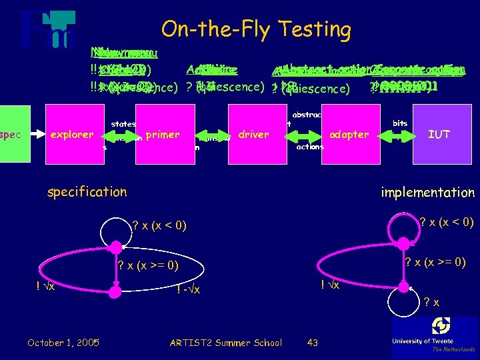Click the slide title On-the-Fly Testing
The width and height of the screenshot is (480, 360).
click(x=256, y=29)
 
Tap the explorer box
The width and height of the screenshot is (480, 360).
click(x=73, y=134)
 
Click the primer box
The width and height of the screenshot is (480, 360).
click(x=163, y=134)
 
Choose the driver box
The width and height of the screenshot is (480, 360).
click(x=253, y=134)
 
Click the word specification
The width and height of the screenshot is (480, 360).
click(x=87, y=192)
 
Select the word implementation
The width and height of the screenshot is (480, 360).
click(x=427, y=192)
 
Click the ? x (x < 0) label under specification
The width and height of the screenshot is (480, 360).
click(x=159, y=227)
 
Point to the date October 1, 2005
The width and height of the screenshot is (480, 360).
click(x=63, y=343)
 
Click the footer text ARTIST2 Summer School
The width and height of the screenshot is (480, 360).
click(x=226, y=343)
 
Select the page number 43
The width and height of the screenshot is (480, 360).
click(x=312, y=343)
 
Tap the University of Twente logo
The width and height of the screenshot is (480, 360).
click(x=435, y=335)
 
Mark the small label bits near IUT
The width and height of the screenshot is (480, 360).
click(x=400, y=123)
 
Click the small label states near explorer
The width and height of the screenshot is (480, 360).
click(x=123, y=123)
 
